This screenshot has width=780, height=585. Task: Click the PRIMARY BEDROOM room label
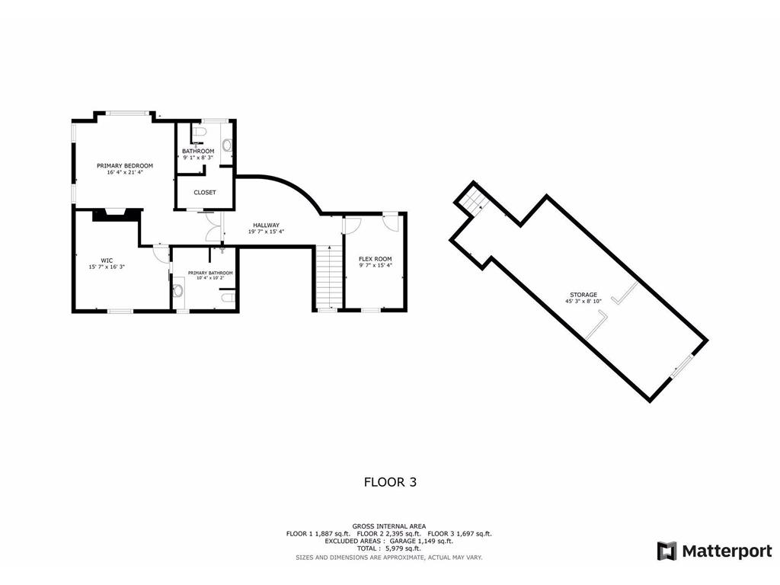pos(124,165)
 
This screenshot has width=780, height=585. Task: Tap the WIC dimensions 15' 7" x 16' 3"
pos(107,267)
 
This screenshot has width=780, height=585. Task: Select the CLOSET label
pos(204,193)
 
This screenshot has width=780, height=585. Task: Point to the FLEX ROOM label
pos(375,259)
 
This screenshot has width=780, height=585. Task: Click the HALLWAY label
pos(266,225)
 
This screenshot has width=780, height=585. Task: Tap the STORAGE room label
pos(583,295)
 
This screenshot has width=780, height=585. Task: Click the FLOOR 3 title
pos(390,482)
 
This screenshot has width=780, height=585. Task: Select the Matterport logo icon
pos(667,551)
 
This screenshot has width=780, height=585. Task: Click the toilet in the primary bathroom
pos(227,298)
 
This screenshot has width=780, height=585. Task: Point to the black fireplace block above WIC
pos(116,215)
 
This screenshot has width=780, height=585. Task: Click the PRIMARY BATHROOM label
pos(210,273)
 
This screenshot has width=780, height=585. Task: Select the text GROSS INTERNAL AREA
pos(389,526)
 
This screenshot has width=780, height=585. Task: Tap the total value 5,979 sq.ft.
pos(403,548)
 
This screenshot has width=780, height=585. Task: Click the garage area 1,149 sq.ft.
pos(434,542)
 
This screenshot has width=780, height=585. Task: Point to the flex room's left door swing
pos(352,225)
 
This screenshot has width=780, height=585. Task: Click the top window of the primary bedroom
pos(126,113)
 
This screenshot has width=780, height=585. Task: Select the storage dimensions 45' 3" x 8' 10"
pos(583,301)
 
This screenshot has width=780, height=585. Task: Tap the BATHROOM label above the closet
pos(198,152)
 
